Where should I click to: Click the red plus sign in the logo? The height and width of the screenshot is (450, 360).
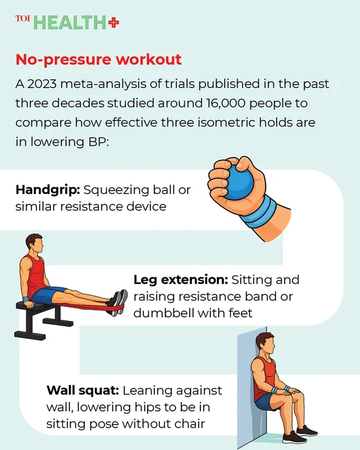[114, 22]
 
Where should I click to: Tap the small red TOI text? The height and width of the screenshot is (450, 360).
[22, 19]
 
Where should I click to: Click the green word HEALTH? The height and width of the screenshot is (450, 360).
[69, 23]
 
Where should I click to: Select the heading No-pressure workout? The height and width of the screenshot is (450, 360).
[99, 60]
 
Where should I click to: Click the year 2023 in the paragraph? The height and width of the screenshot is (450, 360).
[42, 84]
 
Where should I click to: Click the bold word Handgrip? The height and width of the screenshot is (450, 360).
[48, 191]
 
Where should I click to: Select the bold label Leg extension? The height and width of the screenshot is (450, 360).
[181, 280]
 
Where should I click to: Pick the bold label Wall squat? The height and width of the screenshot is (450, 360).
[83, 390]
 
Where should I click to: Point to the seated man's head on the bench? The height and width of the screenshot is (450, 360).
[35, 244]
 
